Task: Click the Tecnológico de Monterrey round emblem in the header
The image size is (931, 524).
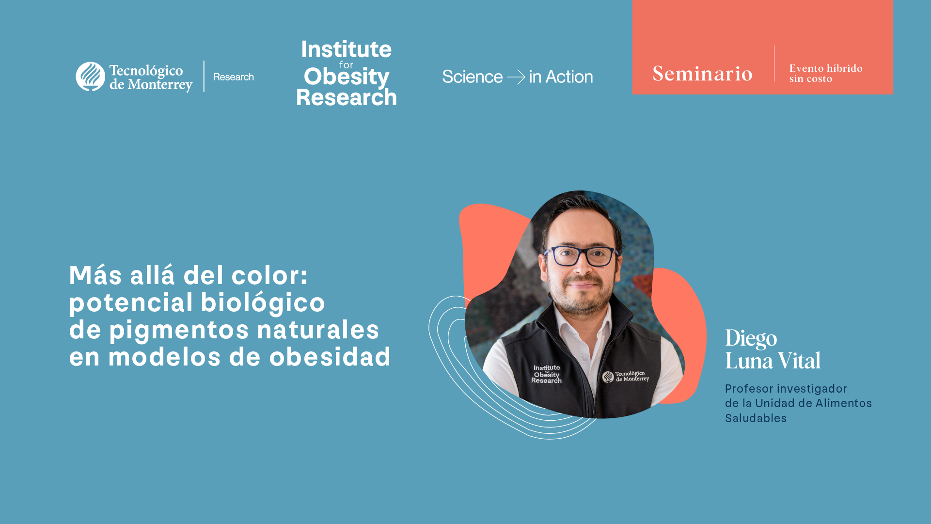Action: coord(90,77)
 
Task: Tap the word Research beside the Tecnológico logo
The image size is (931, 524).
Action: coord(234,77)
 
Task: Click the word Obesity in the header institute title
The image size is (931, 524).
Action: coord(346,77)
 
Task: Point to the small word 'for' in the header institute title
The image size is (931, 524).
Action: coord(346,64)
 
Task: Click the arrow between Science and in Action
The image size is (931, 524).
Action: coord(516,77)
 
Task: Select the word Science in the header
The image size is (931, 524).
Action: coord(473,77)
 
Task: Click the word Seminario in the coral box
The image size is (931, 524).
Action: coord(702,74)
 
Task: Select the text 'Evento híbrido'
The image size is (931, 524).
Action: coord(826,68)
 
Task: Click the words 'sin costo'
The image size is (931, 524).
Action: coord(810,79)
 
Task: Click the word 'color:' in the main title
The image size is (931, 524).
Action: coord(270,275)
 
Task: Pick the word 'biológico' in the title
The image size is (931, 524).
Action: coord(263,302)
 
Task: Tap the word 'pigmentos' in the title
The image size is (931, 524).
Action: coord(179,330)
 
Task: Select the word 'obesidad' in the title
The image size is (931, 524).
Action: coord(330,357)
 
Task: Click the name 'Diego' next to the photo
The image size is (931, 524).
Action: coord(751,338)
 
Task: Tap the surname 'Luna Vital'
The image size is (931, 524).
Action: coord(773,361)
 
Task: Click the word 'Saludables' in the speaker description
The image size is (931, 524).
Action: coord(756,418)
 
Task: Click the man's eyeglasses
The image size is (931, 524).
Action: coord(582,255)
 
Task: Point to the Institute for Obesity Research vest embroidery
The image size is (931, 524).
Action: coord(547,374)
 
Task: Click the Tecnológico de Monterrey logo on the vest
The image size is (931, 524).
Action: coord(626,376)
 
